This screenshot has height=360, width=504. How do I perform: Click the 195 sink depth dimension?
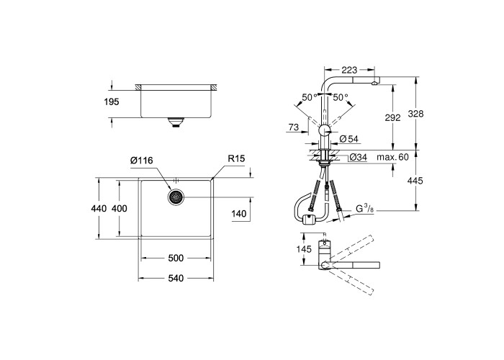pos(112,102)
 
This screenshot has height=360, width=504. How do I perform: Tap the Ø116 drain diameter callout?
pos(142,160)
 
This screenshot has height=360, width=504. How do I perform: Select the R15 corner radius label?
pos(236,158)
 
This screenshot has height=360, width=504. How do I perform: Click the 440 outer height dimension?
pos(99,209)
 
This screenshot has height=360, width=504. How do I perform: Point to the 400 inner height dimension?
pos(120,209)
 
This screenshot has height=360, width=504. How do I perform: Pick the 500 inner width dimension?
pos(176,258)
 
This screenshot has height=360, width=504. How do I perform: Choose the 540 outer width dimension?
pos(176,278)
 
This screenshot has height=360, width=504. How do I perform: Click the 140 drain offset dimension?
pos(239,214)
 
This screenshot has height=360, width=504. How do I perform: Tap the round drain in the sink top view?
pos(176,197)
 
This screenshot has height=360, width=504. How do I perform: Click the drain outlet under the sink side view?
pos(176,122)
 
